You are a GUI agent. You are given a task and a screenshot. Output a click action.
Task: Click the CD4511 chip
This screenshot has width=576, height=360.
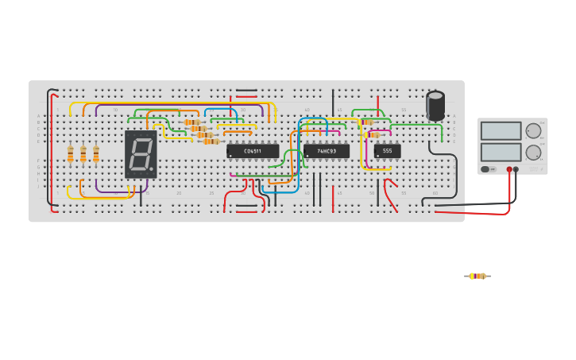pos(253,150)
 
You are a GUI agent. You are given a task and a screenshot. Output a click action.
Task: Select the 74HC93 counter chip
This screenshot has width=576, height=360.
pos(326,150)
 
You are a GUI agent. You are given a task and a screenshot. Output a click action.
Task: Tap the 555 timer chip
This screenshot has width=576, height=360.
pos(387,150)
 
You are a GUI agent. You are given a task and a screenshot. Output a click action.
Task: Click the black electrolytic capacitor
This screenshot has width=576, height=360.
pos(435,106)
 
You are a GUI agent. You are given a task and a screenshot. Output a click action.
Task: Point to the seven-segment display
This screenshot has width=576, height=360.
pos(141,154)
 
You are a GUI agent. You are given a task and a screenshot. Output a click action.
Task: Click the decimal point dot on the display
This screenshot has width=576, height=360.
pos(152,169)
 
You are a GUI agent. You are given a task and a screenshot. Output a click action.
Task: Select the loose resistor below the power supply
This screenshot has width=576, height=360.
pos(477,276)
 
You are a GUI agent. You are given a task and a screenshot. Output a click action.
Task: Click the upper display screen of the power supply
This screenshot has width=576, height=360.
pos(501,130)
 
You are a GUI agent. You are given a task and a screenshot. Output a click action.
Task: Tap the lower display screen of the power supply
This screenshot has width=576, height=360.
pos(501,152)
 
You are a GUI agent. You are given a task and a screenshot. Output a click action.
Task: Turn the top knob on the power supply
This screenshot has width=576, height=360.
pos(534,131)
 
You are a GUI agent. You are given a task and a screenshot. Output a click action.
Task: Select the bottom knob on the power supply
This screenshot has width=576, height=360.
pos(534,153)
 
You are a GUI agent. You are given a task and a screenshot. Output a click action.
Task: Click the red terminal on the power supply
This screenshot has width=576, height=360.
pos(509,169)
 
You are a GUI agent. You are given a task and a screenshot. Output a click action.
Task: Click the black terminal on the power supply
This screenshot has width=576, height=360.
pos(516,169)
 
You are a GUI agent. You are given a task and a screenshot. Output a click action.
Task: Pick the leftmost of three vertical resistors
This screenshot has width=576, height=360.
pos(71,154)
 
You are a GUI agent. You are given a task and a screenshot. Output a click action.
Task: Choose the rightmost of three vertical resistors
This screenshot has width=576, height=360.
pos(96,154)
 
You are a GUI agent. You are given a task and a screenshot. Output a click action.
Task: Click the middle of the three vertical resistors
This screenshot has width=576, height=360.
pos(83,154)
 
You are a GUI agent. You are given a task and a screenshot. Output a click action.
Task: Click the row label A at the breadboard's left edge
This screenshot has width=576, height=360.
pos(38,116)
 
